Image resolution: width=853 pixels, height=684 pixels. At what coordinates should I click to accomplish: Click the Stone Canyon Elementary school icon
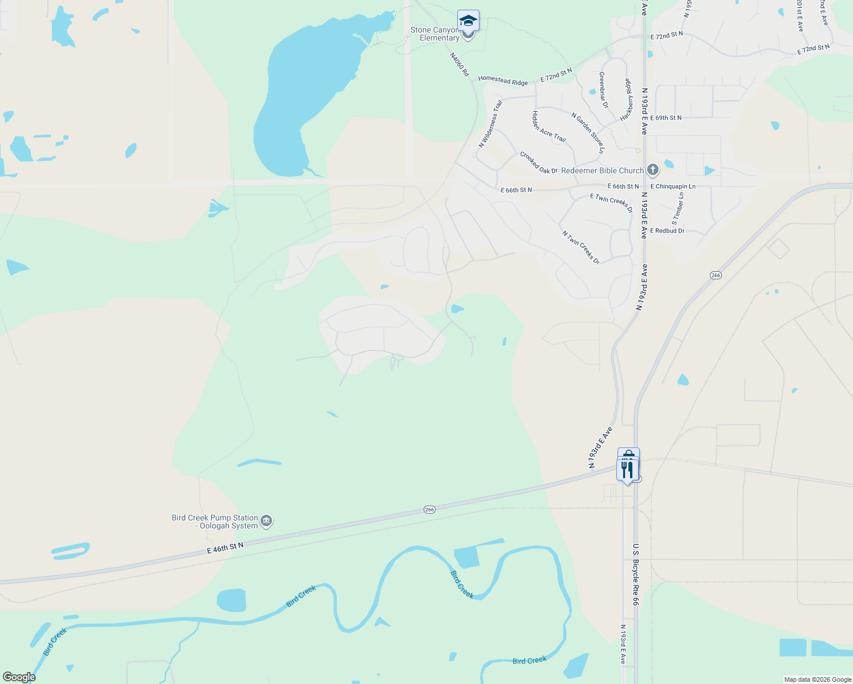(x=468, y=21)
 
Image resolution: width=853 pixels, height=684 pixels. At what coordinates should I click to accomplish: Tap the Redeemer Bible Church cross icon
(x=653, y=170)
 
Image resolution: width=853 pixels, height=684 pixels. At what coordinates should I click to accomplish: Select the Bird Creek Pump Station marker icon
(x=266, y=521)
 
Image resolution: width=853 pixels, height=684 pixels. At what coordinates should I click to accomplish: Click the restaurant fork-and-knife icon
(x=627, y=470)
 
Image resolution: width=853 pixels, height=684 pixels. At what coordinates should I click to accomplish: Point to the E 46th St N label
(x=225, y=548)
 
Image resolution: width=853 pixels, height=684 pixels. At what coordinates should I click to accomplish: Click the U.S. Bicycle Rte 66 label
(x=635, y=574)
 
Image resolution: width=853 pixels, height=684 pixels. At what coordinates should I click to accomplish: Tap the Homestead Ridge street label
(x=502, y=80)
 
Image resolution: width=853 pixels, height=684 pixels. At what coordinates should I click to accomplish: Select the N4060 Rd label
(x=459, y=65)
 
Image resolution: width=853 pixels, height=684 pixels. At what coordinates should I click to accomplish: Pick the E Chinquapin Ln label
(x=673, y=186)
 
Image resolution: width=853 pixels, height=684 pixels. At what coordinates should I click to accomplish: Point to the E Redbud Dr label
(x=667, y=231)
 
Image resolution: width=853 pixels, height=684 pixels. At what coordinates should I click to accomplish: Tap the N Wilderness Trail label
(x=490, y=124)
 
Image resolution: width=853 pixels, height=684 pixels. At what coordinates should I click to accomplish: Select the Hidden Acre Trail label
(x=549, y=127)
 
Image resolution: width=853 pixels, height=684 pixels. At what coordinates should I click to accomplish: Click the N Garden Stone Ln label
(x=588, y=132)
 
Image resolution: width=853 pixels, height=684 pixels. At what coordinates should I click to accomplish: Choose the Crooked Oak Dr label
(x=538, y=163)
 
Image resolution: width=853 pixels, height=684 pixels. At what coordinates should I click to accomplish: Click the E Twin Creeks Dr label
(x=611, y=202)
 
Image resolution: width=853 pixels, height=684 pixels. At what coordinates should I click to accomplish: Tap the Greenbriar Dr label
(x=603, y=89)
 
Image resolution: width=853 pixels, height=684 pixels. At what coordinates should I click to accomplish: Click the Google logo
(x=19, y=677)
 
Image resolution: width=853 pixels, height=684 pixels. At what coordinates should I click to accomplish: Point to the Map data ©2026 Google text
(x=817, y=679)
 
